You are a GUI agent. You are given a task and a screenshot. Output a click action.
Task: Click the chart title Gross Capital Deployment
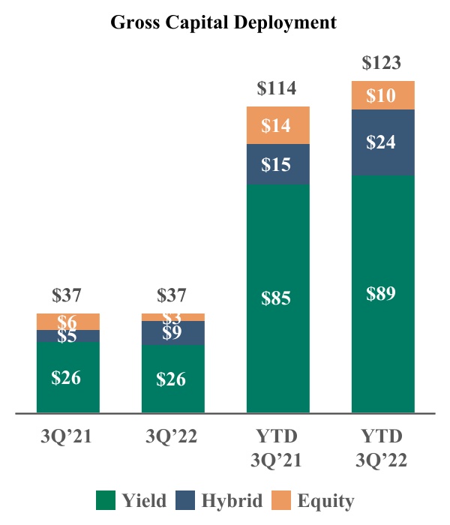point(223,22)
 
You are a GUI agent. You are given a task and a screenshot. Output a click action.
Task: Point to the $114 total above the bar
point(277,89)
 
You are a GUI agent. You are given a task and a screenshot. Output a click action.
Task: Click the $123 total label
point(382,63)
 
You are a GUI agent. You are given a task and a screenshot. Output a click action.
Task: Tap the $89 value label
point(382,292)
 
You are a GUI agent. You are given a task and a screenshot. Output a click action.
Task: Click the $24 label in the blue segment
point(382,142)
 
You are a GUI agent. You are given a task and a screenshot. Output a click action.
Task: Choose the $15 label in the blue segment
point(277,164)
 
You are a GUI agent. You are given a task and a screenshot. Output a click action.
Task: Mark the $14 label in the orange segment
point(277,125)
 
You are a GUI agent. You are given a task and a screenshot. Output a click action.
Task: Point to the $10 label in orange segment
point(382,95)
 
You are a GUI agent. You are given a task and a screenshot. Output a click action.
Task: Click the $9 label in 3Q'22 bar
point(172,332)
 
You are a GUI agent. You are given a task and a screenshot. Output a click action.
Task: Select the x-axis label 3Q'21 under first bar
point(67,436)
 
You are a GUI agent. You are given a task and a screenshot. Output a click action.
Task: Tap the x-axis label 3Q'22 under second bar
point(172,436)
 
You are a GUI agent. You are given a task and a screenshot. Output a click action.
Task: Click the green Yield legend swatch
point(105,500)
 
